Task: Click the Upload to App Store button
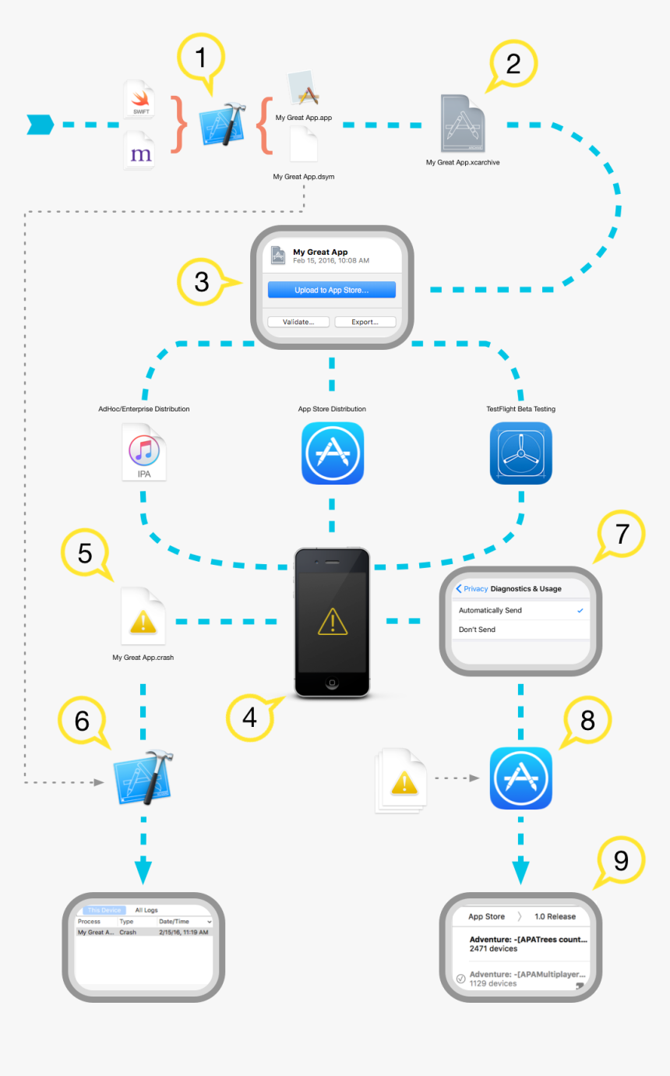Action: click(x=332, y=290)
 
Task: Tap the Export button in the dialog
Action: click(x=365, y=322)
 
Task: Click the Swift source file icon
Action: click(x=140, y=100)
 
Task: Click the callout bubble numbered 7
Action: click(x=621, y=536)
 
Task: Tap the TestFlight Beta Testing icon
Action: click(x=520, y=453)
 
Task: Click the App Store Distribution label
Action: click(x=332, y=409)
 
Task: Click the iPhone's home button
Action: click(x=333, y=683)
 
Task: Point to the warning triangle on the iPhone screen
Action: click(x=333, y=623)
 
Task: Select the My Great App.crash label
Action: click(x=143, y=658)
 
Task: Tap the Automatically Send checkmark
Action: click(x=580, y=610)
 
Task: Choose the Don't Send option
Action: click(x=477, y=630)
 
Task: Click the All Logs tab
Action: click(x=146, y=910)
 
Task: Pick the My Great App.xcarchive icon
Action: click(x=463, y=124)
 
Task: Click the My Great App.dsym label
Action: click(x=304, y=177)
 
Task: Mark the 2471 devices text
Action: click(x=493, y=950)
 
